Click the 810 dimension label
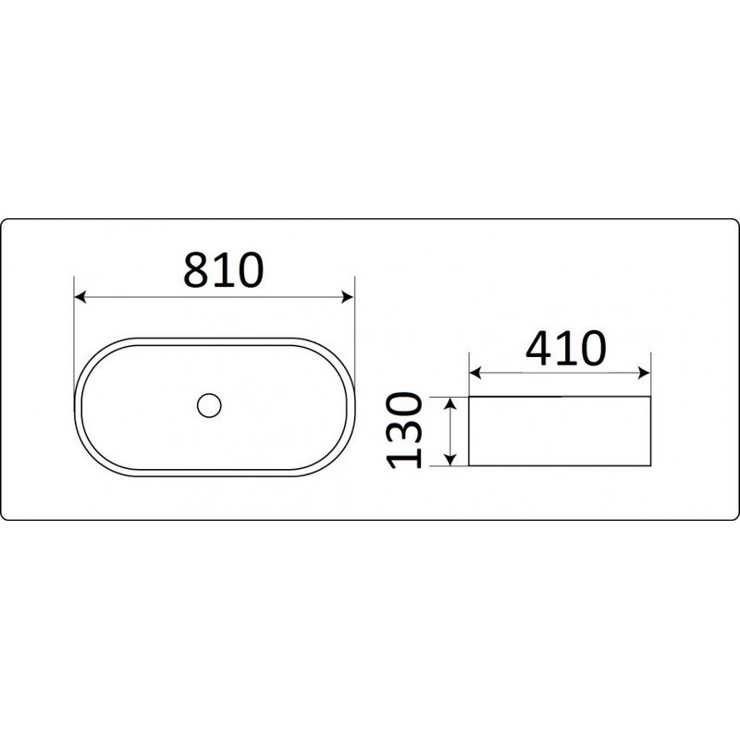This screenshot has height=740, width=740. click(x=223, y=270)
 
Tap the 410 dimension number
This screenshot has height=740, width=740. click(x=565, y=349)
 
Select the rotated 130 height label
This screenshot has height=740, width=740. click(x=404, y=430)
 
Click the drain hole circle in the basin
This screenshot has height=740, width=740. click(x=209, y=405)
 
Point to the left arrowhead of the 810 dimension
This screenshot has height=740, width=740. click(x=80, y=297)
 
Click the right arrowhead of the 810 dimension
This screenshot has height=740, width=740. click(x=348, y=297)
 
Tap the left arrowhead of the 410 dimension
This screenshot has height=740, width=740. click(x=475, y=373)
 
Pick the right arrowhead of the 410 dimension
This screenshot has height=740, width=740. click(x=644, y=373)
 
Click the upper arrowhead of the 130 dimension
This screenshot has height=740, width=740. click(x=451, y=402)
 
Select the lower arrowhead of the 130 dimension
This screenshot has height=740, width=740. click(x=451, y=460)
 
